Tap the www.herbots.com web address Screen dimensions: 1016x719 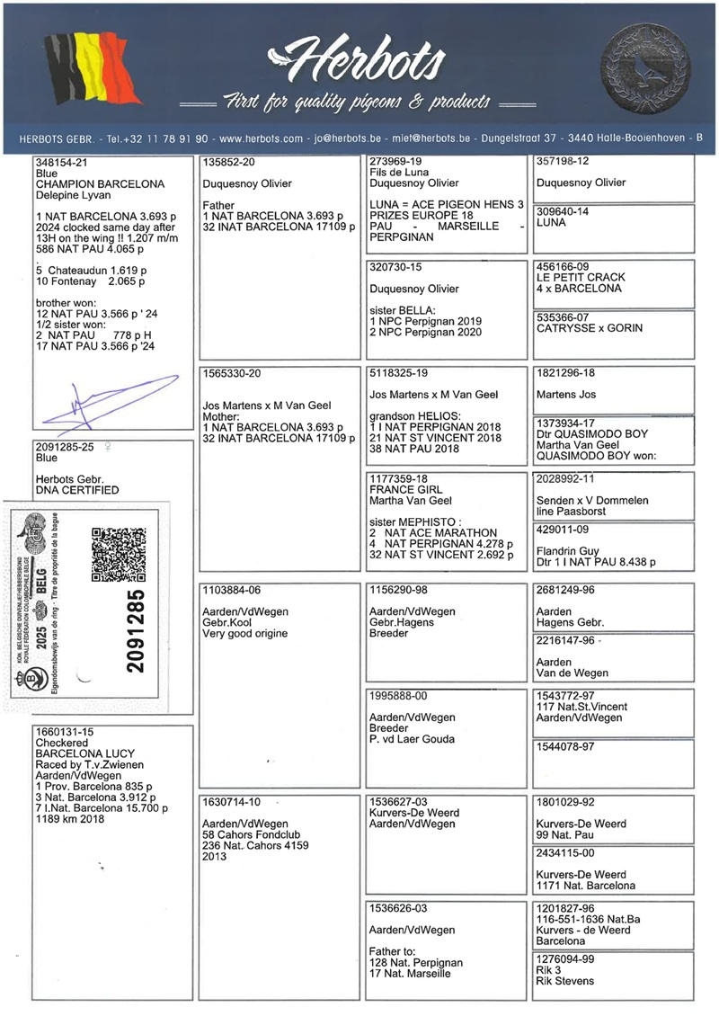point(261,139)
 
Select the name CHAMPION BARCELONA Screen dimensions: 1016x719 point(99,184)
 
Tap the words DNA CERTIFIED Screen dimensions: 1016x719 point(76,490)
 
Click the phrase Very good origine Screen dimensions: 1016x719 point(245,634)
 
